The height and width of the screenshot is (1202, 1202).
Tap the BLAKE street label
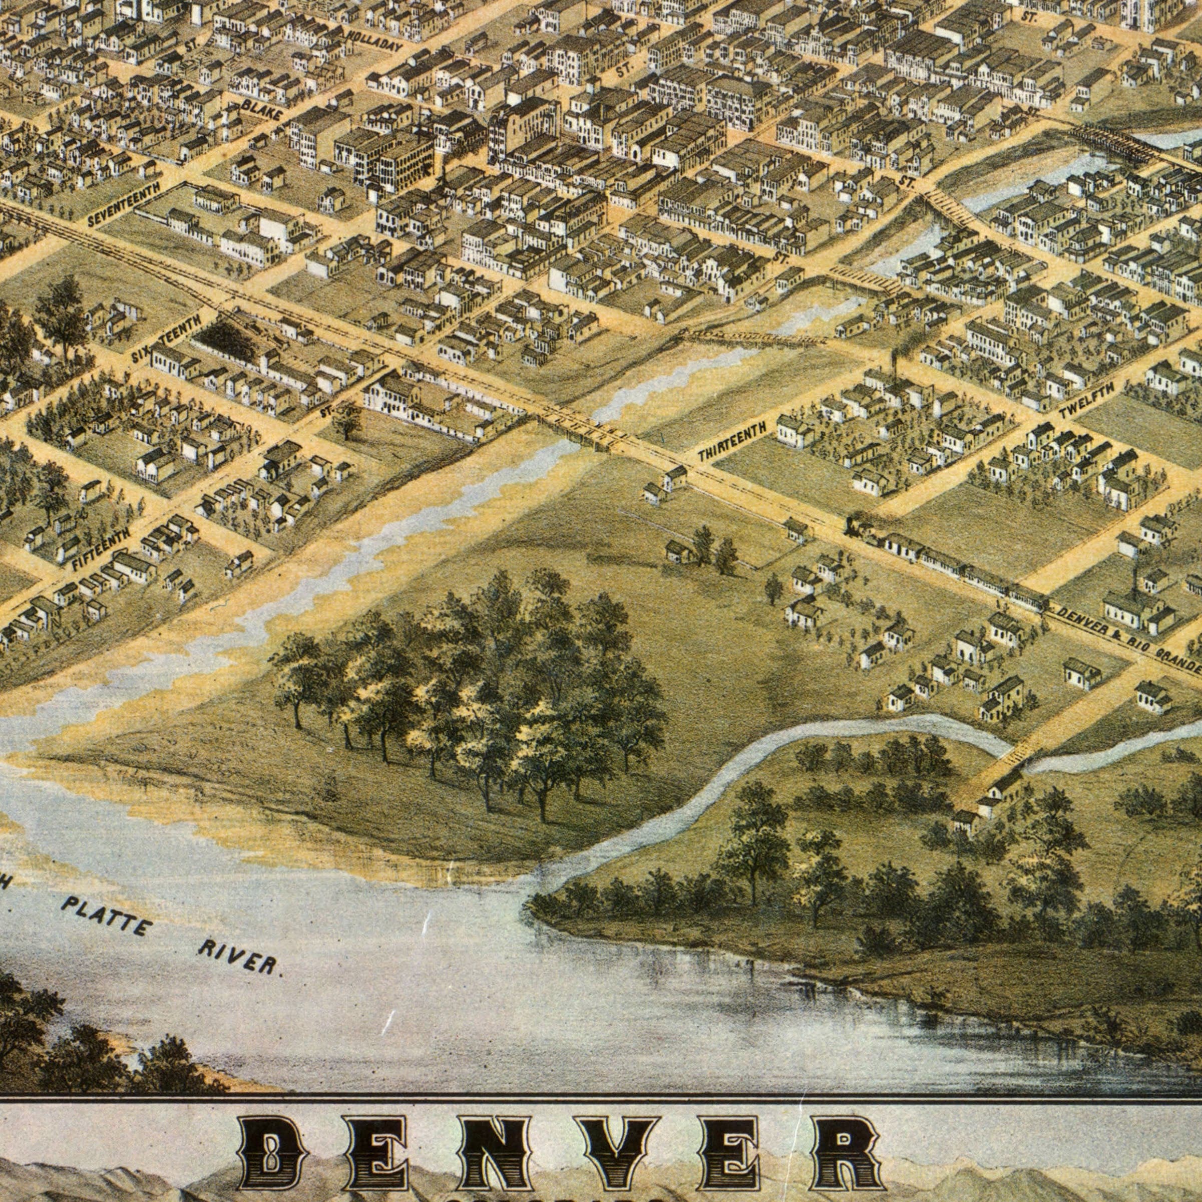[262, 110]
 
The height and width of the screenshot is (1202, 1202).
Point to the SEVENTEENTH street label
[125, 205]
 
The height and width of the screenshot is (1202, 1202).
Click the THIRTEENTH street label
[732, 441]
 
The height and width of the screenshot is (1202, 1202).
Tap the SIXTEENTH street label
[166, 338]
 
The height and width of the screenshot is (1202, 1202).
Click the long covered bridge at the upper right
[1107, 141]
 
